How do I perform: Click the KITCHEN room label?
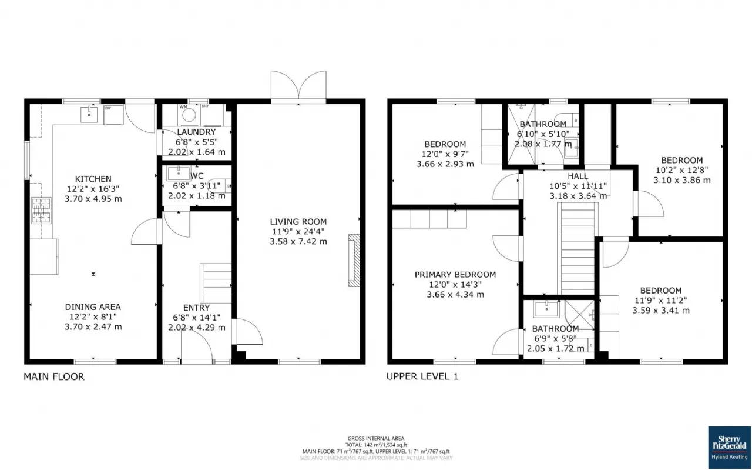point(93,179)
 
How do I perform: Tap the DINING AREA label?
point(93,306)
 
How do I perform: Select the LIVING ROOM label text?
point(298,221)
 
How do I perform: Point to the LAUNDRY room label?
point(196,132)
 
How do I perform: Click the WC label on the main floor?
point(197,176)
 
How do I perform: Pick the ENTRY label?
point(196,308)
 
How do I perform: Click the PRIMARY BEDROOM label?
point(455,274)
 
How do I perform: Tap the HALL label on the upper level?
point(578,176)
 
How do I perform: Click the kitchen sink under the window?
point(89,114)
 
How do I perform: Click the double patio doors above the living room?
point(298,86)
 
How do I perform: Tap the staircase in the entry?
point(216,283)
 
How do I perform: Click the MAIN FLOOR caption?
point(53,376)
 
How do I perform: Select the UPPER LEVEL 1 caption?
point(421,376)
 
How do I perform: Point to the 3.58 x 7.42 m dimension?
point(298,241)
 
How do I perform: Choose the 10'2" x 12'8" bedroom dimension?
point(681,170)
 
